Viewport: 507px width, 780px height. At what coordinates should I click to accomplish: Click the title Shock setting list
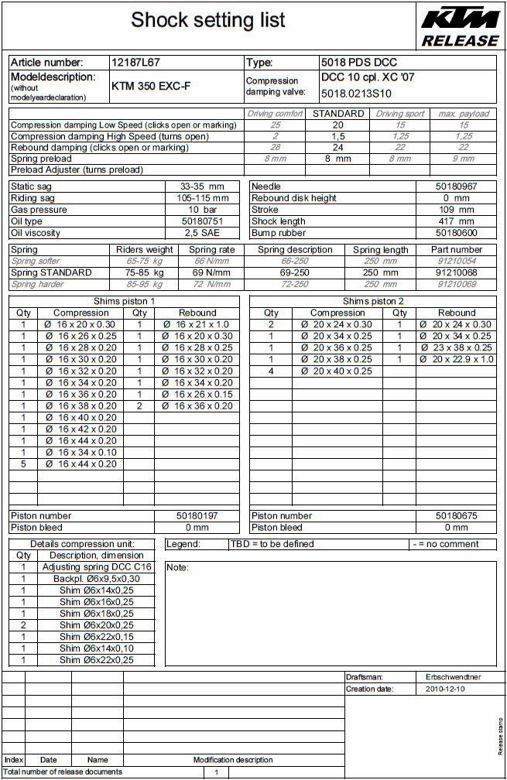[x=208, y=20]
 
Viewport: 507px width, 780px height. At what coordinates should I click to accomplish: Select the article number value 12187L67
[x=135, y=62]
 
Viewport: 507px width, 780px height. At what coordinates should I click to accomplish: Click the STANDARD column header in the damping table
[x=338, y=114]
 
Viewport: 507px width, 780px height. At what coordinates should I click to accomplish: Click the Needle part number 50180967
[x=456, y=186]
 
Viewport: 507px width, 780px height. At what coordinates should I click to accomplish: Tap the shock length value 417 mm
[x=456, y=221]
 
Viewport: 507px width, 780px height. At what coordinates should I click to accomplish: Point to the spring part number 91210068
[x=456, y=272]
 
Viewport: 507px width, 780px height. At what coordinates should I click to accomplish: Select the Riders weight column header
[x=145, y=250]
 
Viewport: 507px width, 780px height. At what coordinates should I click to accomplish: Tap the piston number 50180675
[x=456, y=515]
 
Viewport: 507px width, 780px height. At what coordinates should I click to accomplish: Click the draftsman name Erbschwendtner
[x=454, y=677]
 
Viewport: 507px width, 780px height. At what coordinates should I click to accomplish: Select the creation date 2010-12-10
[x=446, y=689]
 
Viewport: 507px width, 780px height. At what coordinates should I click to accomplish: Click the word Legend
[x=183, y=544]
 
